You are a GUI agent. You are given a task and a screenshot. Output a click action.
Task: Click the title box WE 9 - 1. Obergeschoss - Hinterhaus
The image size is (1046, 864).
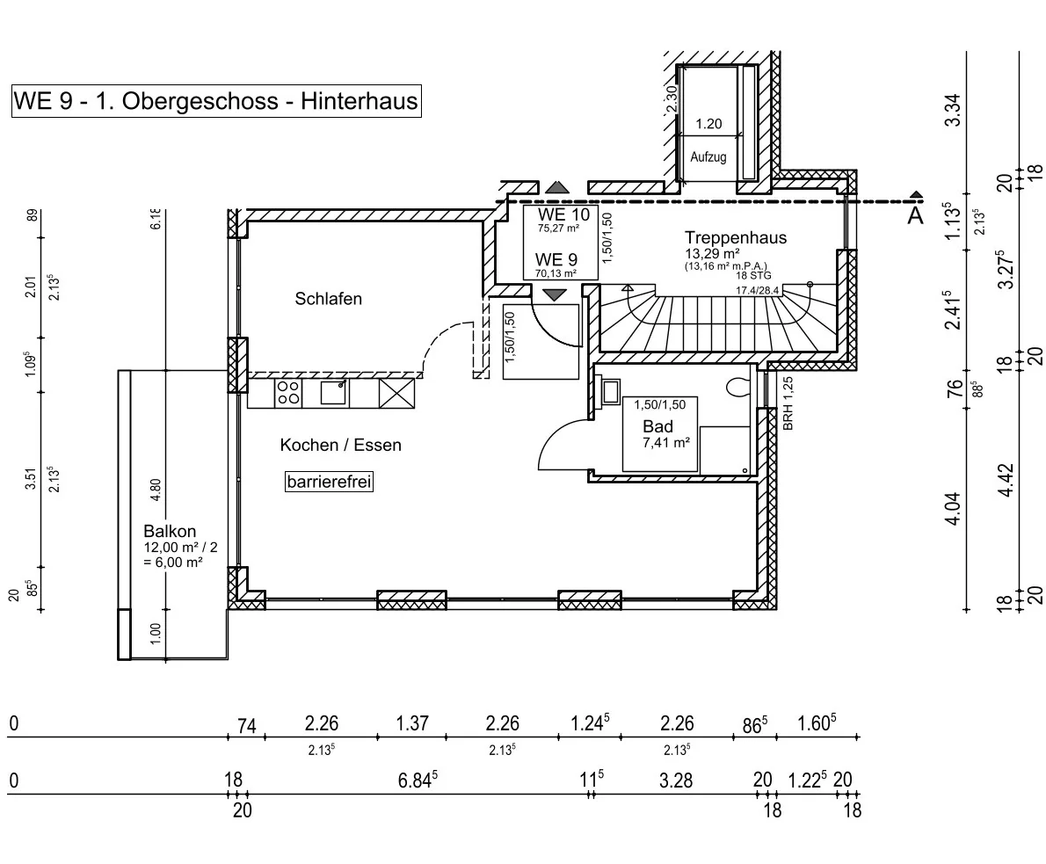pyautogui.click(x=215, y=101)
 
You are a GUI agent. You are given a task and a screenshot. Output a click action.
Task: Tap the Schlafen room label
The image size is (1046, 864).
pyautogui.click(x=328, y=299)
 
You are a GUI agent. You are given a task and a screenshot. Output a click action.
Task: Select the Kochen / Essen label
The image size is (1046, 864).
pyautogui.click(x=340, y=445)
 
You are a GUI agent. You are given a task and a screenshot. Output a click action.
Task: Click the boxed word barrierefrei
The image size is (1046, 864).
pyautogui.click(x=330, y=483)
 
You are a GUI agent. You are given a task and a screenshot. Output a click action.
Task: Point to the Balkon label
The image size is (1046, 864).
pyautogui.click(x=170, y=531)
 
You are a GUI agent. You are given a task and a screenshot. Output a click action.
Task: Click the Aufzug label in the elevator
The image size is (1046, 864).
pyautogui.click(x=708, y=157)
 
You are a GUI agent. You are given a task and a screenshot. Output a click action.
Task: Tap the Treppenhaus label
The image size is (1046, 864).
pyautogui.click(x=735, y=237)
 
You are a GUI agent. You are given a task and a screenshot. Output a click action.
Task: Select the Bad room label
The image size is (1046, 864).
pyautogui.click(x=657, y=427)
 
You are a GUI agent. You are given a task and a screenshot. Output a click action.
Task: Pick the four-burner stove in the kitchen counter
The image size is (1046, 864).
pyautogui.click(x=287, y=392)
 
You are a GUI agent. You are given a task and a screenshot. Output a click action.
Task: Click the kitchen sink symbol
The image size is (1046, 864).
pyautogui.click(x=332, y=392)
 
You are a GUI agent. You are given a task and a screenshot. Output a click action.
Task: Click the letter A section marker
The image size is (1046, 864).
pyautogui.click(x=915, y=215)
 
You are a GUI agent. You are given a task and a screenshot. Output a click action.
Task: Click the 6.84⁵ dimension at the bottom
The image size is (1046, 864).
pyautogui.click(x=417, y=781)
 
